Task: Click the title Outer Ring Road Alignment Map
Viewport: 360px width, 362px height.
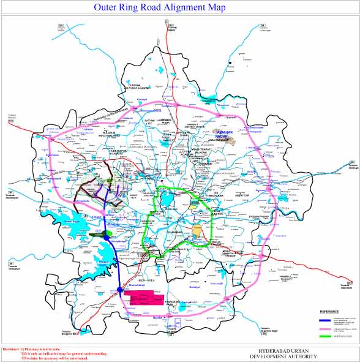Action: [x=159, y=8]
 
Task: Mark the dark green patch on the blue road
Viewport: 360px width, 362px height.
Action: [x=97, y=233]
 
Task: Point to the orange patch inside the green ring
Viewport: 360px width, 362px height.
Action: [x=197, y=229]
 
